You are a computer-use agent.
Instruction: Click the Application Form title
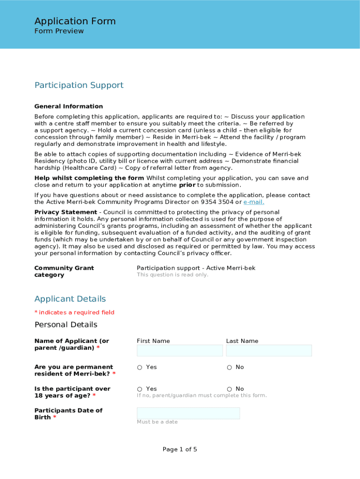[75, 21]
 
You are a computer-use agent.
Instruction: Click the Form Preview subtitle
[59, 31]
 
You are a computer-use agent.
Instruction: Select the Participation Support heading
[79, 85]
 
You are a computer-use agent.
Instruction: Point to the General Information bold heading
[69, 106]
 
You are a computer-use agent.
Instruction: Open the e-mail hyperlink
[253, 202]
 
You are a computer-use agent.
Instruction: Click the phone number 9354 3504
[217, 202]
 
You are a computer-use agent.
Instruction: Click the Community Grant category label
[64, 271]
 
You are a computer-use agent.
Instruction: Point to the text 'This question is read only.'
[173, 275]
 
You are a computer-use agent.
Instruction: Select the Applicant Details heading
[70, 299]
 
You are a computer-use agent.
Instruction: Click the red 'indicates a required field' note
[76, 312]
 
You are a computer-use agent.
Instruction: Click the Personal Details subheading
[66, 325]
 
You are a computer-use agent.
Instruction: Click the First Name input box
[180, 351]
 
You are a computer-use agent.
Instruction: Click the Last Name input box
[269, 351]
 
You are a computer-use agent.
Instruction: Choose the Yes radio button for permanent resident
[140, 368]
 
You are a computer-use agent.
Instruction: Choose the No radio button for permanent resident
[229, 368]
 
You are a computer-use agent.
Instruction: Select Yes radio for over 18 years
[140, 389]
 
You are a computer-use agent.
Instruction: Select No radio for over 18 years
[229, 389]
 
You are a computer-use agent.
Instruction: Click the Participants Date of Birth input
[188, 413]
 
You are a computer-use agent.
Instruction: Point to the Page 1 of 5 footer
[180, 450]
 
